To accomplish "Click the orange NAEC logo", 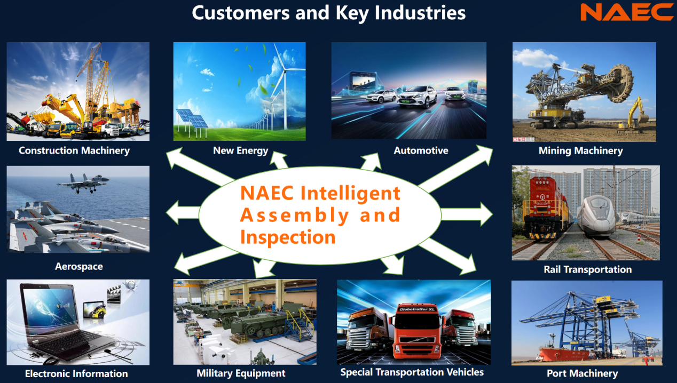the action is (627, 12).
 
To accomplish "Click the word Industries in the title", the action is (420, 13).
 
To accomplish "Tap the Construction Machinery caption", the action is (74, 150).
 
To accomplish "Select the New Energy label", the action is (241, 150).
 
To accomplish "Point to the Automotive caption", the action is (421, 150).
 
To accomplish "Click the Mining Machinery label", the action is (580, 151).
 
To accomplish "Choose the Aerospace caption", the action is (79, 266).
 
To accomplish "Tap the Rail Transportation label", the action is (587, 269).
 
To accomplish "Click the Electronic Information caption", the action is (76, 373).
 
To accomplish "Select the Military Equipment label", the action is (241, 373).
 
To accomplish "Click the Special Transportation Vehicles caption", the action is (412, 372).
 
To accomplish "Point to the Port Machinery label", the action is (582, 373).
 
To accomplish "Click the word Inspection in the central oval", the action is (288, 237).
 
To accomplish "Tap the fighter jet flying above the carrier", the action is (83, 183).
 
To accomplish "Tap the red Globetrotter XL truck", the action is (416, 332).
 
